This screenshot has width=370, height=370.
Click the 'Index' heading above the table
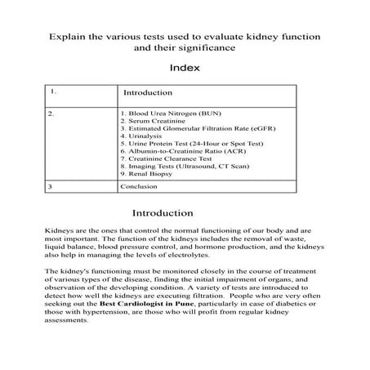tap(185, 69)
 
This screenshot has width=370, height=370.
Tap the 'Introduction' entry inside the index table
tap(147, 92)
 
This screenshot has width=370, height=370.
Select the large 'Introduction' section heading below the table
tap(185, 213)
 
